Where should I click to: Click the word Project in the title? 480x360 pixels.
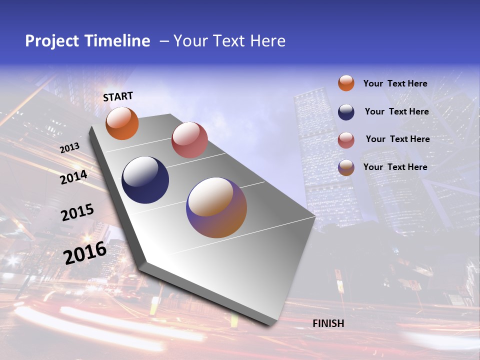coord(52,41)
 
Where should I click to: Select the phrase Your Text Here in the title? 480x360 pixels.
coord(229,41)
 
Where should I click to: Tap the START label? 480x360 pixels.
coord(118,96)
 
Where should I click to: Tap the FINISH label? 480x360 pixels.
coord(328,323)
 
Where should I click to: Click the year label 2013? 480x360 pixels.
coord(69,148)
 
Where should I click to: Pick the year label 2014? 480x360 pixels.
coord(74,177)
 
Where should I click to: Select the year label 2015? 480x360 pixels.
coord(77,213)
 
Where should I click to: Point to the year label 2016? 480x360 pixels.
coord(85,253)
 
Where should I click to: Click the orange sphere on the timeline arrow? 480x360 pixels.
coord(122,123)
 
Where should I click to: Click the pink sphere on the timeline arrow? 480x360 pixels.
coord(189,140)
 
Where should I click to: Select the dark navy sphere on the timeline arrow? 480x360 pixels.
coord(145,180)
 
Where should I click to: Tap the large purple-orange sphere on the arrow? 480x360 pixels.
coord(216,207)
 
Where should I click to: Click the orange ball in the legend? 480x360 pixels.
coord(346,83)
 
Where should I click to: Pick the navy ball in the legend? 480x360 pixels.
coord(346,112)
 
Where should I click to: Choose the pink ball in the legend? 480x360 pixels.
coord(346,140)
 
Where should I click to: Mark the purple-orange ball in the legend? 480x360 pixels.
coord(346,167)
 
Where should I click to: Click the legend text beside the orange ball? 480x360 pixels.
coord(395,83)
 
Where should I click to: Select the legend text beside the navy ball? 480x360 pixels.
coord(396,111)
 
